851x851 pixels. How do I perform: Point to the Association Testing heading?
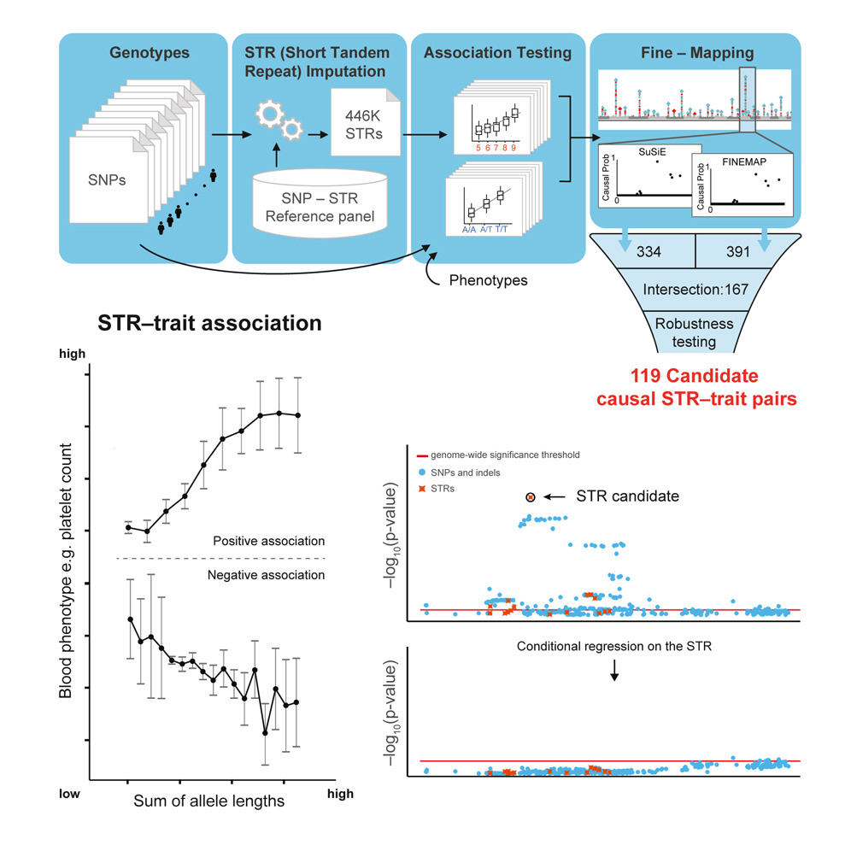tap(497, 53)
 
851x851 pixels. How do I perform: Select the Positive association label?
tap(267, 541)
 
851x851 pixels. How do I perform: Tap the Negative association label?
tap(266, 575)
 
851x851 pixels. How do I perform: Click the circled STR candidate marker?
tap(530, 496)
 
